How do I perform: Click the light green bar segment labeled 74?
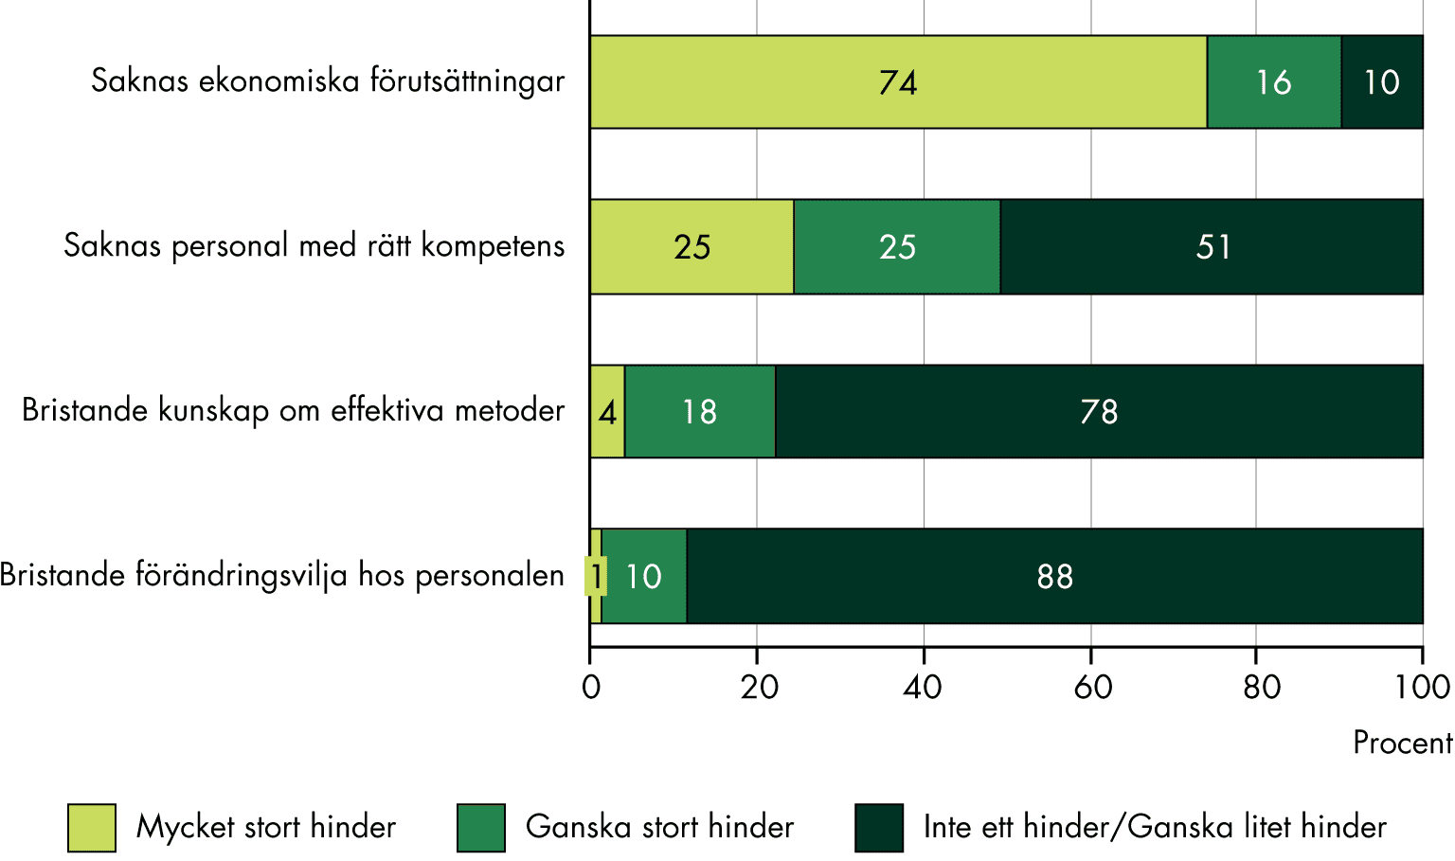pyautogui.click(x=898, y=82)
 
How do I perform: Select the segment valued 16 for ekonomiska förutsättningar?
pyautogui.click(x=1274, y=82)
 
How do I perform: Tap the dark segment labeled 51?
pyautogui.click(x=1212, y=247)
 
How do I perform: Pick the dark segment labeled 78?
pyautogui.click(x=1099, y=412)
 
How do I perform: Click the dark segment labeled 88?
pyautogui.click(x=1054, y=576)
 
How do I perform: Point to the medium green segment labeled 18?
pyautogui.click(x=700, y=412)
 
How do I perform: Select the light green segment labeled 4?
pyautogui.click(x=607, y=412)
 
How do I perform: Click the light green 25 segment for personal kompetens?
pyautogui.click(x=692, y=247)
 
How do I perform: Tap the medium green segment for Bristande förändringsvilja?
pyautogui.click(x=644, y=576)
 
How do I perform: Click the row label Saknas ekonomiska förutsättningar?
pyautogui.click(x=328, y=81)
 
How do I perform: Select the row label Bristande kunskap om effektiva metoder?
pyautogui.click(x=293, y=411)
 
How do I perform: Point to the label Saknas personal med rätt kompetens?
pyautogui.click(x=314, y=246)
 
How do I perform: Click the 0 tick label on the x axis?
pyautogui.click(x=591, y=687)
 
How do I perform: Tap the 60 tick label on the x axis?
pyautogui.click(x=1092, y=687)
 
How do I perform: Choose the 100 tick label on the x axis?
pyautogui.click(x=1423, y=687)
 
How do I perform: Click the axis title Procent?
pyautogui.click(x=1402, y=743)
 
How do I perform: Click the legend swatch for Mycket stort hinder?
pyautogui.click(x=92, y=828)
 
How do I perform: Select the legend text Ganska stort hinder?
pyautogui.click(x=659, y=827)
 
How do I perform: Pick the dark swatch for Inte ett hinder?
pyautogui.click(x=878, y=828)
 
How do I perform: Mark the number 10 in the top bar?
pyautogui.click(x=1382, y=82)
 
